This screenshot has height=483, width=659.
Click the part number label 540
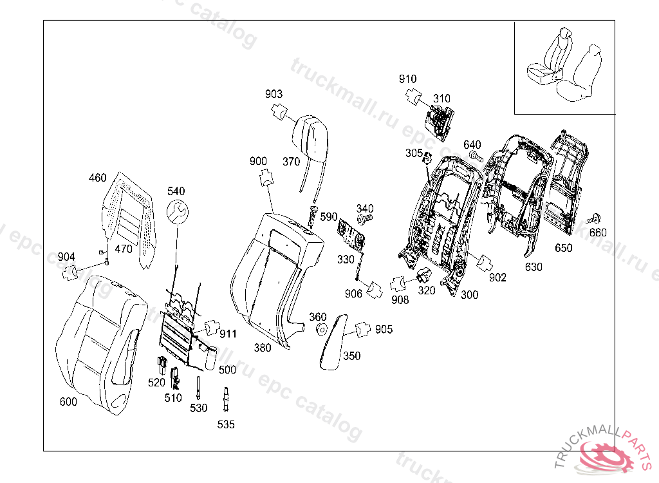(x=176, y=191)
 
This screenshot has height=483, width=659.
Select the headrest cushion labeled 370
(x=311, y=134)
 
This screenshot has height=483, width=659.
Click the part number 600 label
(x=68, y=402)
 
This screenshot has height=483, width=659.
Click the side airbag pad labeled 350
(x=335, y=341)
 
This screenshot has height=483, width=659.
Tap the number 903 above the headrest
(x=274, y=95)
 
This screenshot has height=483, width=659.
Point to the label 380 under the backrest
(x=262, y=348)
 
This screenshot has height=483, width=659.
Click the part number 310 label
(x=441, y=99)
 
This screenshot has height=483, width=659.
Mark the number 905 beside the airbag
(x=384, y=330)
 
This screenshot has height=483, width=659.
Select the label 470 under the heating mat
(x=122, y=249)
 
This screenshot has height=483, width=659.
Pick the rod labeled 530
(x=199, y=389)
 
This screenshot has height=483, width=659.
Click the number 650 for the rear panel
(x=564, y=248)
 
